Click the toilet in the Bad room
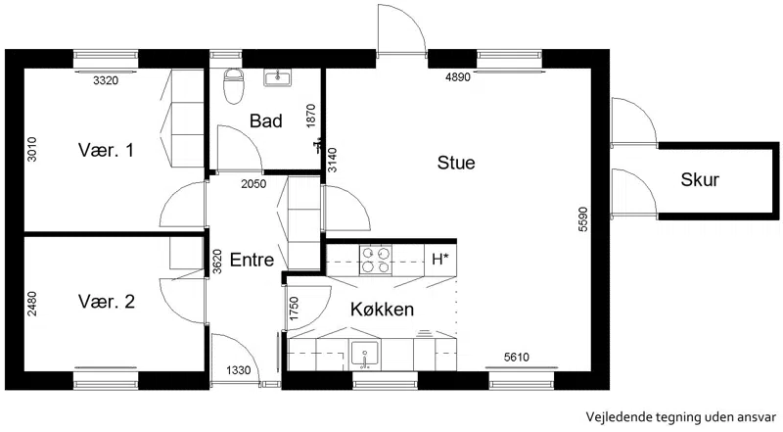pyautogui.click(x=233, y=86)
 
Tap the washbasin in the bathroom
pyautogui.click(x=277, y=78)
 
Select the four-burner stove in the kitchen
pyautogui.click(x=376, y=260)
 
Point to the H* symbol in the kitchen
pyautogui.click(x=439, y=260)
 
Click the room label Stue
pyautogui.click(x=456, y=163)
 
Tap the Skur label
pyautogui.click(x=700, y=180)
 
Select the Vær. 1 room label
pyautogui.click(x=106, y=150)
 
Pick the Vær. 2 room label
pyautogui.click(x=107, y=302)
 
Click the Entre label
pyautogui.click(x=252, y=260)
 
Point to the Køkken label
pyautogui.click(x=382, y=310)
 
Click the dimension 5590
pyautogui.click(x=583, y=219)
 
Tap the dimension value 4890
pyautogui.click(x=458, y=77)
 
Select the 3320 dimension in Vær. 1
pyautogui.click(x=106, y=80)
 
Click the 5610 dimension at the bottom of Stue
pyautogui.click(x=517, y=357)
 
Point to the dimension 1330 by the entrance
pyautogui.click(x=238, y=370)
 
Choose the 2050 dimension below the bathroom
pyautogui.click(x=253, y=184)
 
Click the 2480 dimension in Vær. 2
pyautogui.click(x=32, y=304)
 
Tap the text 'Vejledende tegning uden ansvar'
pyautogui.click(x=680, y=416)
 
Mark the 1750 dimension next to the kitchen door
pyautogui.click(x=294, y=309)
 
